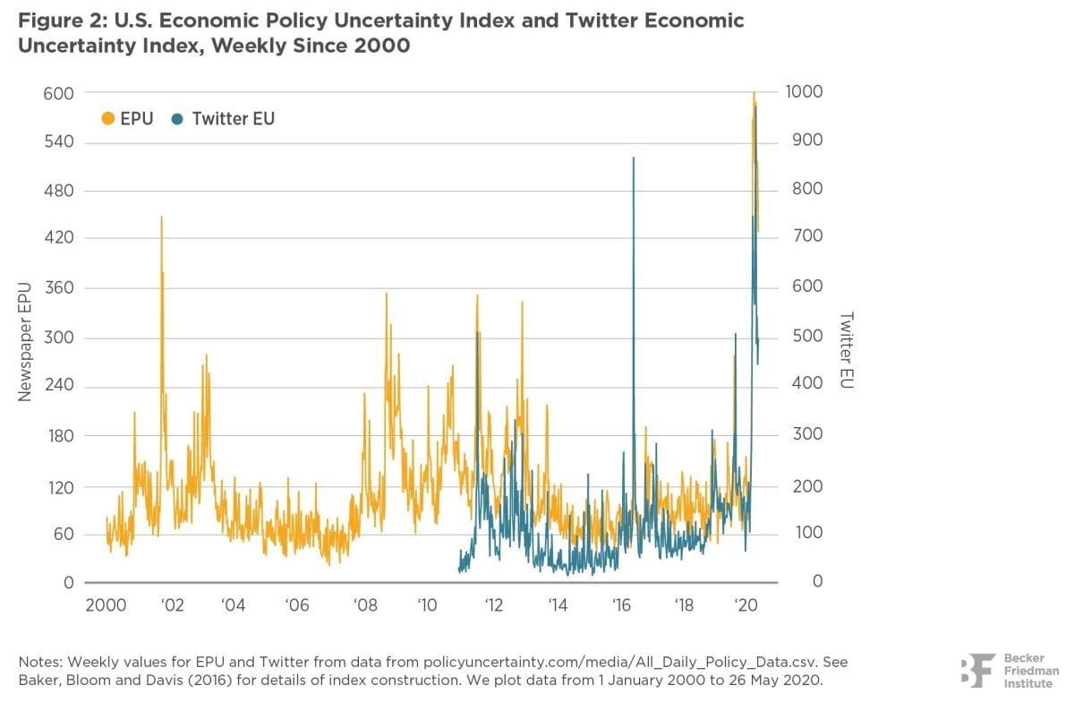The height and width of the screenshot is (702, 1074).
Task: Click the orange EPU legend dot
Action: coord(108,118)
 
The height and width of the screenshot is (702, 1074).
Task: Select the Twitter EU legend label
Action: coord(233,118)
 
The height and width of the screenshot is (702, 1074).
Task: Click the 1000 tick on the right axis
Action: coord(804,93)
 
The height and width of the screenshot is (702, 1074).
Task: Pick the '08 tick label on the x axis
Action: coord(364,604)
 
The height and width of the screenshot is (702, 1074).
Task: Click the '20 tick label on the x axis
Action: coord(746,604)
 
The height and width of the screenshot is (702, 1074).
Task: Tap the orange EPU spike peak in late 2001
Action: coord(162,218)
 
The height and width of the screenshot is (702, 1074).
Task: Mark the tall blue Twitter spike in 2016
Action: coord(634,158)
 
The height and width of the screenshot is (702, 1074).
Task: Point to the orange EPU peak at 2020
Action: coord(754,93)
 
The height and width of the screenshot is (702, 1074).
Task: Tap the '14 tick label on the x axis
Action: coord(558,604)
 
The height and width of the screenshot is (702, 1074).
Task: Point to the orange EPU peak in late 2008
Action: coord(387,294)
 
